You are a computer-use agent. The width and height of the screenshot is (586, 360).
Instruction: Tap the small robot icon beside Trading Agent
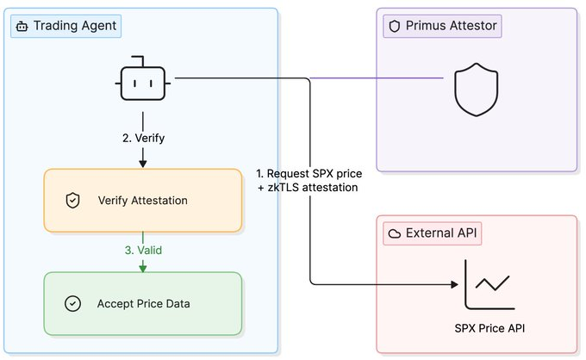pos(22,27)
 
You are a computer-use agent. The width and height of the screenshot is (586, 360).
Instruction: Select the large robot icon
pos(143,78)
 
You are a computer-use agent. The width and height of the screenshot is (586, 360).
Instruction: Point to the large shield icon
pos(476,90)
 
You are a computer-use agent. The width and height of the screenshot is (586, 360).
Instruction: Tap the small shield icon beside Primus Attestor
pos(395,26)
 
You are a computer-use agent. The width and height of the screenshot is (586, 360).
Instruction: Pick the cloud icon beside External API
pos(395,233)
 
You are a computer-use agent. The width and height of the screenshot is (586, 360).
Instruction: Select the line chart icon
pos(489,284)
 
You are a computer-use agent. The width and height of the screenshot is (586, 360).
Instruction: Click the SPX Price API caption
pos(489,328)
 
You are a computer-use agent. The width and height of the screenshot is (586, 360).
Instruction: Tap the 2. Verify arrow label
pos(144,138)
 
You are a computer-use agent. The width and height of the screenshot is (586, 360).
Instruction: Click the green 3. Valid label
pos(143,251)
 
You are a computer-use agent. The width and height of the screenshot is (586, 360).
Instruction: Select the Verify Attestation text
pos(143,201)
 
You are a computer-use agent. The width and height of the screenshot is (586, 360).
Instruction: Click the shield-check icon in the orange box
pos(72,201)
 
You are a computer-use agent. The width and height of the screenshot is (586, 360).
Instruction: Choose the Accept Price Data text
pos(144,304)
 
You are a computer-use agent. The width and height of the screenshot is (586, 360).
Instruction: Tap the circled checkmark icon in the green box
pos(72,304)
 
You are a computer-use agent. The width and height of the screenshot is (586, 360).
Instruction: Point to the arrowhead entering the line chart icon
pos(454,284)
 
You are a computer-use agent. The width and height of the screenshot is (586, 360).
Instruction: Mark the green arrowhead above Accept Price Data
pos(143,268)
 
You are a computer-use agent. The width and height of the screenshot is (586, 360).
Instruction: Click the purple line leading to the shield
pos(377,78)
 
